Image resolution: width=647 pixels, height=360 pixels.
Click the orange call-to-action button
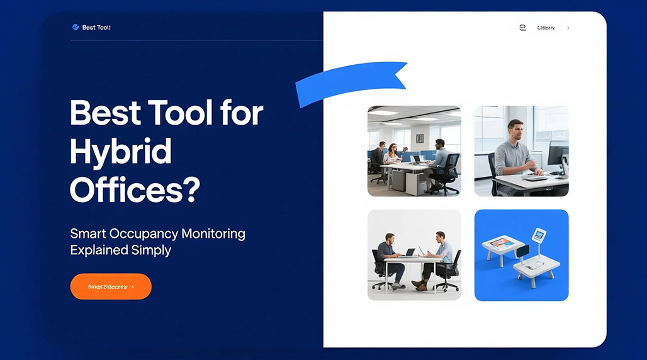pyautogui.click(x=111, y=286)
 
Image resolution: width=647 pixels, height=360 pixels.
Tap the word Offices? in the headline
pyautogui.click(x=135, y=189)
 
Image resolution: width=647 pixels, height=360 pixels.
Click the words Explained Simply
pyautogui.click(x=120, y=250)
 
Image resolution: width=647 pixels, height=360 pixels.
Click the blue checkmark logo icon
pyautogui.click(x=76, y=28)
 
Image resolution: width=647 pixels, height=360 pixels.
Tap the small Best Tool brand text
pyautogui.click(x=96, y=28)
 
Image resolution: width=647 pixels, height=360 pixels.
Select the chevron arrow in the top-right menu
pyautogui.click(x=568, y=28)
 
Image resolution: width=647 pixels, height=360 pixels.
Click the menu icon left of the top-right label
pyautogui.click(x=522, y=28)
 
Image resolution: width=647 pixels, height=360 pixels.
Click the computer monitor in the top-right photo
pyautogui.click(x=558, y=154)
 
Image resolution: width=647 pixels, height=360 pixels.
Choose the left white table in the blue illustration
pyautogui.click(x=500, y=247)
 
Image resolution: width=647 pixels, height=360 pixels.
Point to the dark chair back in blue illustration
pyautogui.click(x=522, y=251)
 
